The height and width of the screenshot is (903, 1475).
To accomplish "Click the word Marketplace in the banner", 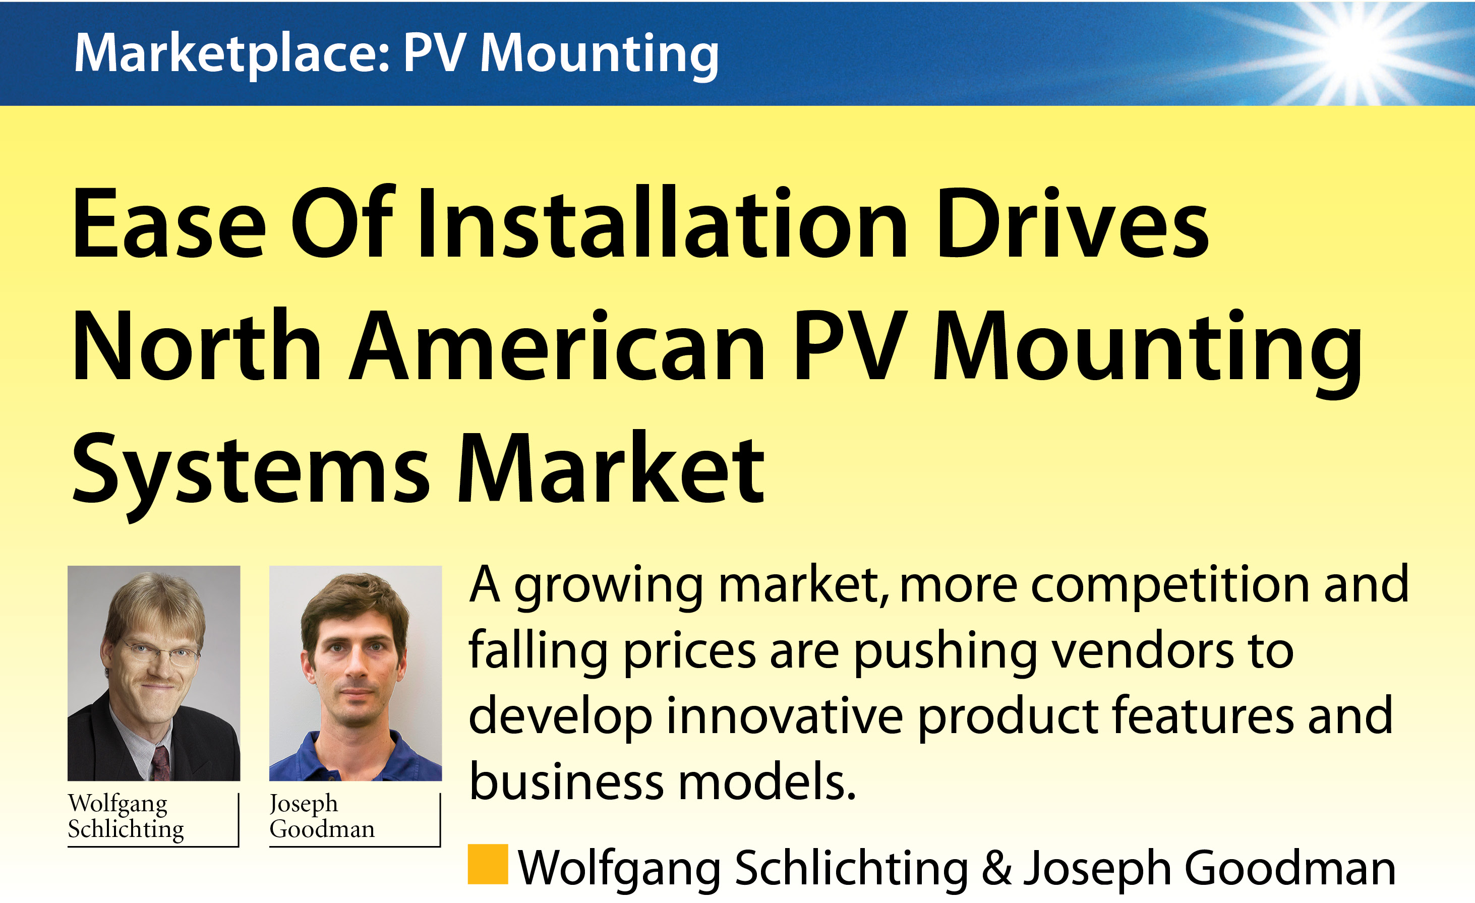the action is point(232,54).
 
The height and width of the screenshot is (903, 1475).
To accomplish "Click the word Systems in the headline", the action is point(250,473).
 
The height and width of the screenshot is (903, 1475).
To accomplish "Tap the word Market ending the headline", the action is point(611,466).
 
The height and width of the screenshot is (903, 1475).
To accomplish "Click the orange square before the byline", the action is point(488,864).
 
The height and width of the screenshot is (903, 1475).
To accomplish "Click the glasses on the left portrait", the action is point(160,653).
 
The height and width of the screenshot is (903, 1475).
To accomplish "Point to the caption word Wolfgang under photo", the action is point(117,804).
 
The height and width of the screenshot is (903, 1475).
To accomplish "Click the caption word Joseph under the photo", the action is point(304,804).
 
